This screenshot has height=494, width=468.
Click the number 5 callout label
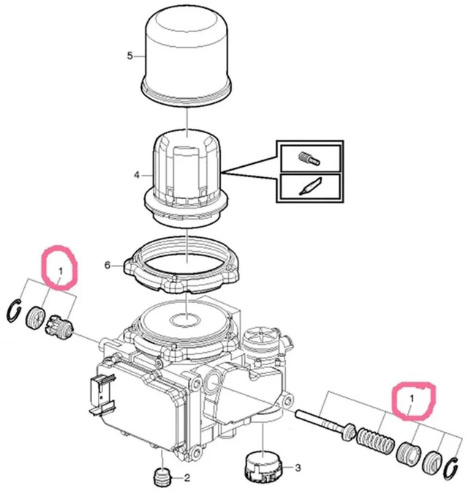coord(130,56)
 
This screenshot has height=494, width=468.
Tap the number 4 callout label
coord(137,175)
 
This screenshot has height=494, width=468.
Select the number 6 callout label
coord(107,266)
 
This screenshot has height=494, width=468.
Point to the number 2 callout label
coord(187,478)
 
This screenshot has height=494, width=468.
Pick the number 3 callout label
coord(298,468)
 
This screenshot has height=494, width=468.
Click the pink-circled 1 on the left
coord(61,271)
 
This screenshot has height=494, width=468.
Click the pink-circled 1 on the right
coord(412,399)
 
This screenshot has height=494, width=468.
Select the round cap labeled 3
coord(263,465)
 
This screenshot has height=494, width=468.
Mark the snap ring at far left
coord(14,311)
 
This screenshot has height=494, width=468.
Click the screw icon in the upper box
coord(309,159)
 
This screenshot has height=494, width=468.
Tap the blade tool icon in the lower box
coord(310,187)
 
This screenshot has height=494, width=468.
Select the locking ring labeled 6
coord(182,265)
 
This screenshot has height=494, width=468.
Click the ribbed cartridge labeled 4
coord(186,178)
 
